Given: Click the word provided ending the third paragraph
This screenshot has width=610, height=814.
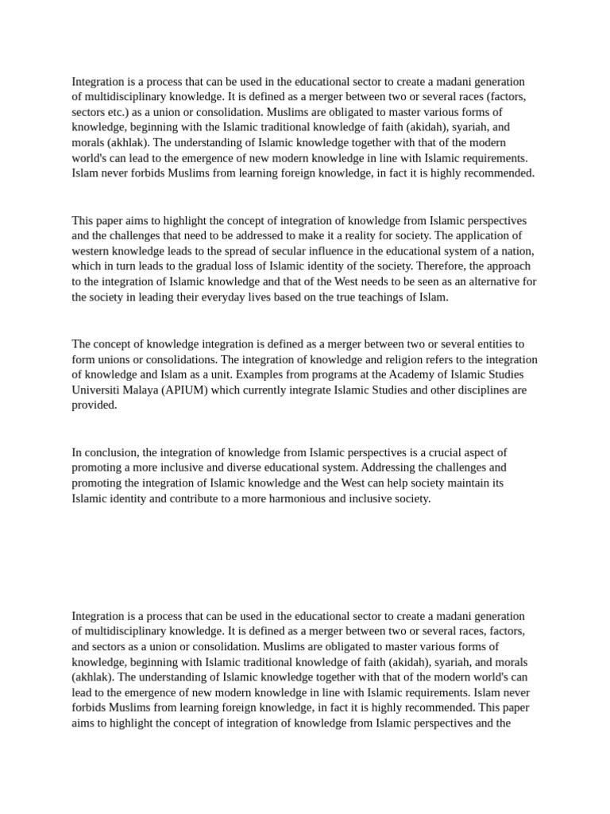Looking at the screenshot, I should [94, 405].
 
